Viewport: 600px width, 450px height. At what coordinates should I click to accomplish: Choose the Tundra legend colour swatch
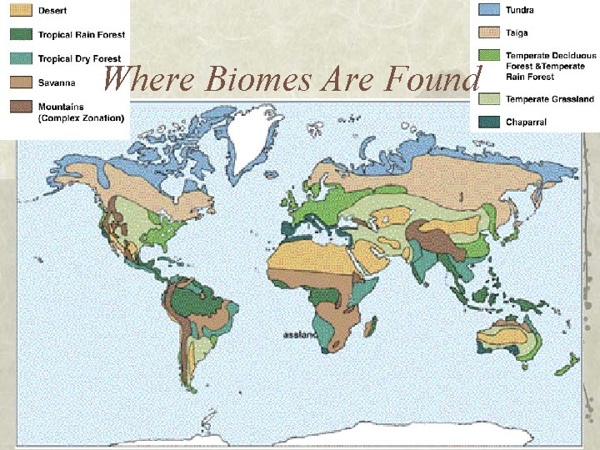click(490, 10)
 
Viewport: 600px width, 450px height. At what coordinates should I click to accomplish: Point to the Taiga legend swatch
click(490, 33)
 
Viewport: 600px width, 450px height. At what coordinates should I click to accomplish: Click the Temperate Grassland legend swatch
click(490, 99)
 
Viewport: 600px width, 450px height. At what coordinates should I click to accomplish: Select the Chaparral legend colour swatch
click(490, 122)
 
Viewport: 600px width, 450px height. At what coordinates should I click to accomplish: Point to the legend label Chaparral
click(527, 122)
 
